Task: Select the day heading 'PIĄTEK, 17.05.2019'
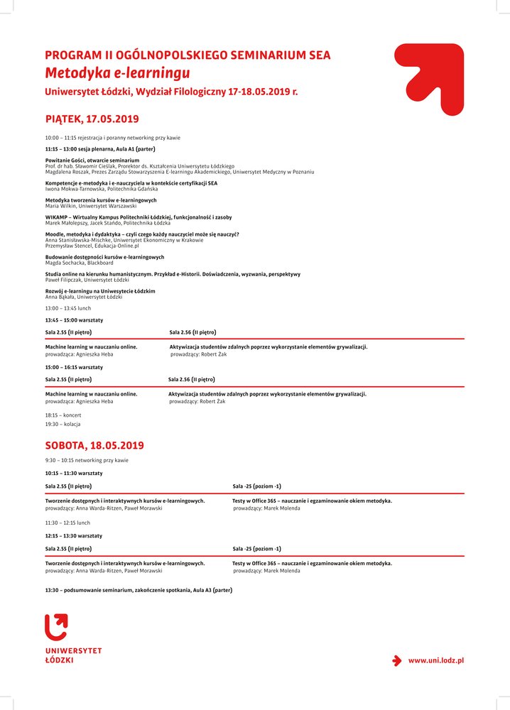92,119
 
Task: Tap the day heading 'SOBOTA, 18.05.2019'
94,446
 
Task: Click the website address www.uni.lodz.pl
435,660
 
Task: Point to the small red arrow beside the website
397,660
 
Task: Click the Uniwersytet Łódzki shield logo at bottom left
56,627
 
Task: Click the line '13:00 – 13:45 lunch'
68,308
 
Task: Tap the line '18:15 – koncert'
63,415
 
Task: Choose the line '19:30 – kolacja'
63,424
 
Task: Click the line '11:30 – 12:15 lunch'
68,523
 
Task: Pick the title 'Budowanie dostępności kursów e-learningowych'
104,257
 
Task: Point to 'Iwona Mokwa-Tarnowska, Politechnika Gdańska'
102,189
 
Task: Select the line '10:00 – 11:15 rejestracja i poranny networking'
112,138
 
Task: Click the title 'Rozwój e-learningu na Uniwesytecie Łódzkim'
100,291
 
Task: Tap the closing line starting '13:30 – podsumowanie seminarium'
139,590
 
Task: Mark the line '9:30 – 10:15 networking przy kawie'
87,460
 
